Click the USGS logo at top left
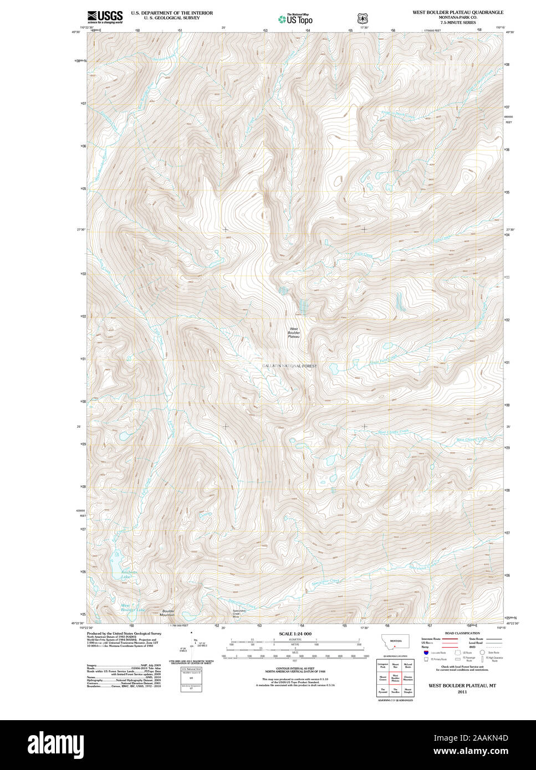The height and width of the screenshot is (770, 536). (x=105, y=16)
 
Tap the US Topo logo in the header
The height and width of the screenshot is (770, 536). (x=295, y=19)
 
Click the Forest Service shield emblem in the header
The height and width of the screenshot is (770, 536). (x=362, y=17)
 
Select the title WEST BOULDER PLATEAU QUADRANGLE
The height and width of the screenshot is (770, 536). (x=457, y=12)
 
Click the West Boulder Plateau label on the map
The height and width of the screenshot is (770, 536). (x=294, y=332)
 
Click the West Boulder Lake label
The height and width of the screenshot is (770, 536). (x=132, y=608)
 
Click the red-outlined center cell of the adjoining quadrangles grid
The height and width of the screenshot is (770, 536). (x=396, y=677)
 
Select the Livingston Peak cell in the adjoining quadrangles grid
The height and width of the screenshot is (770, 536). (x=382, y=664)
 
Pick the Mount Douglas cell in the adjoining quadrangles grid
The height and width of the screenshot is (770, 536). (x=408, y=690)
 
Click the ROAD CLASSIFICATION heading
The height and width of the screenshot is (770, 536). (x=462, y=633)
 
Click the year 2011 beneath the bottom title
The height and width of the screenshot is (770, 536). (x=462, y=692)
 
